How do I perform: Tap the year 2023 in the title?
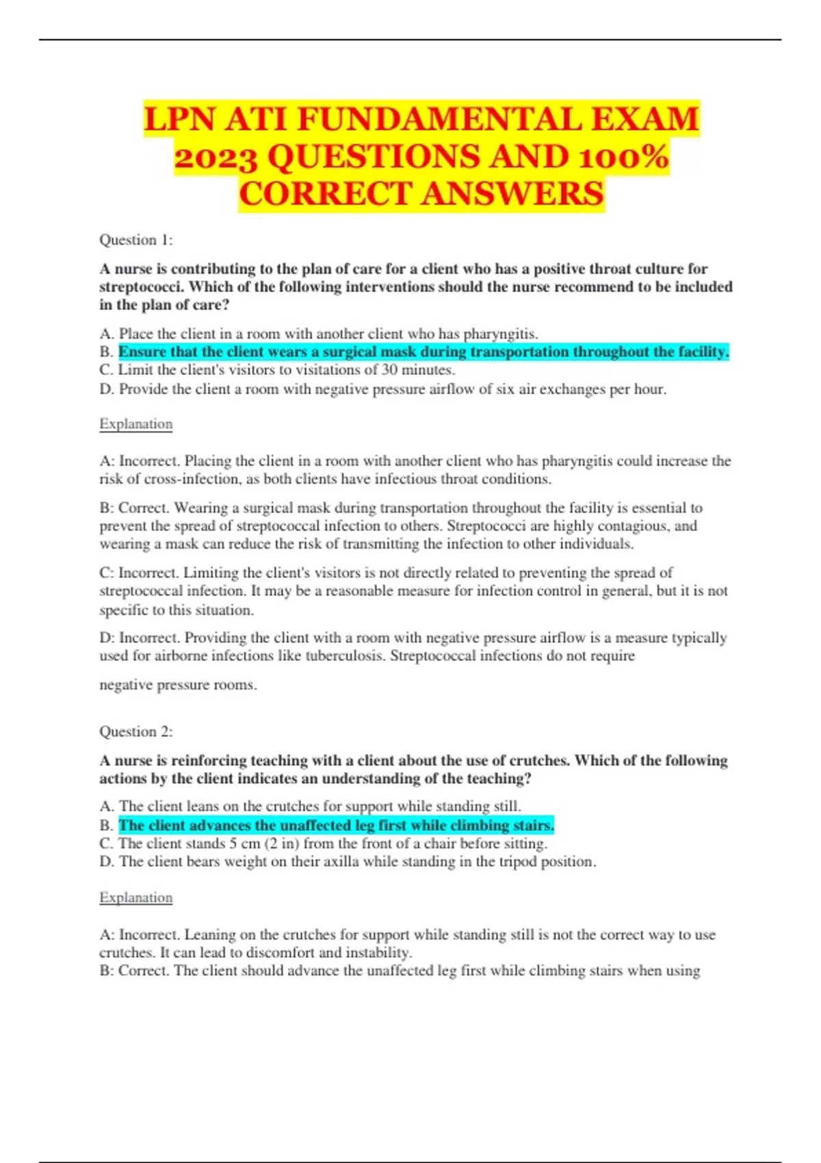(x=216, y=157)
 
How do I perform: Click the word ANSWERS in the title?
(x=512, y=194)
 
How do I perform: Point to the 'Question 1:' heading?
(x=136, y=240)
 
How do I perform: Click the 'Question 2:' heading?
(x=136, y=731)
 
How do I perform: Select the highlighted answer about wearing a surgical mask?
(x=423, y=352)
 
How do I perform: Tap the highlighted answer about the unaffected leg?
(x=336, y=826)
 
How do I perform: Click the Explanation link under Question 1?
(x=135, y=423)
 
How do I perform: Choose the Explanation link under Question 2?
(x=135, y=898)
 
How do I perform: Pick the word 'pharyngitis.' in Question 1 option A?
(x=501, y=334)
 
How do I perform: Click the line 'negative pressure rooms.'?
(x=178, y=685)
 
